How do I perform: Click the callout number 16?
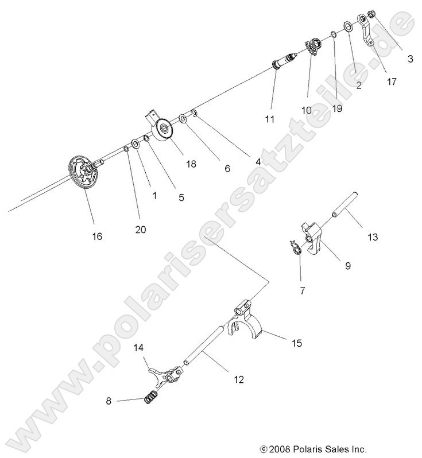coord(97,236)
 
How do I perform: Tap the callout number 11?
coord(270,119)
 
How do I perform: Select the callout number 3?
coord(410,59)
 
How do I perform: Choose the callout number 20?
coord(141,229)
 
